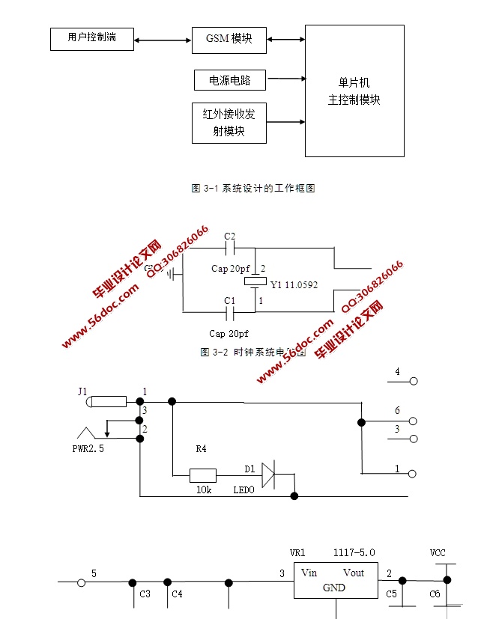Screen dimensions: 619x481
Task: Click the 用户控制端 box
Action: (91, 39)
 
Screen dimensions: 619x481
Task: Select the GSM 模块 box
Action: (229, 40)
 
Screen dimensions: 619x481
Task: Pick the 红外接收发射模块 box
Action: (229, 124)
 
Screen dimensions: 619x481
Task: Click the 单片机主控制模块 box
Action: (353, 91)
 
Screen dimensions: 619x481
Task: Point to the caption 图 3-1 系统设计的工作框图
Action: (252, 189)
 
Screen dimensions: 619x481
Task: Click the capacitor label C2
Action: (229, 237)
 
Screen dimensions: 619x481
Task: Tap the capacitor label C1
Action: (229, 299)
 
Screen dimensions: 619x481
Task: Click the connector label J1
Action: (82, 391)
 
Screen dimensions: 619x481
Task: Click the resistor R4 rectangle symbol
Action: (202, 475)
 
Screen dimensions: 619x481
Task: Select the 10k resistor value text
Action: (203, 490)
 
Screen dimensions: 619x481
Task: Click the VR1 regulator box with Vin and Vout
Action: (333, 581)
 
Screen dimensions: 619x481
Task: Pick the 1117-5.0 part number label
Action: (354, 553)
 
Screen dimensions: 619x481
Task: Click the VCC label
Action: (438, 553)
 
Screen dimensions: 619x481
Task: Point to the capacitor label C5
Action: (392, 594)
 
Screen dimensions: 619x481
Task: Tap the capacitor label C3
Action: (145, 594)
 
